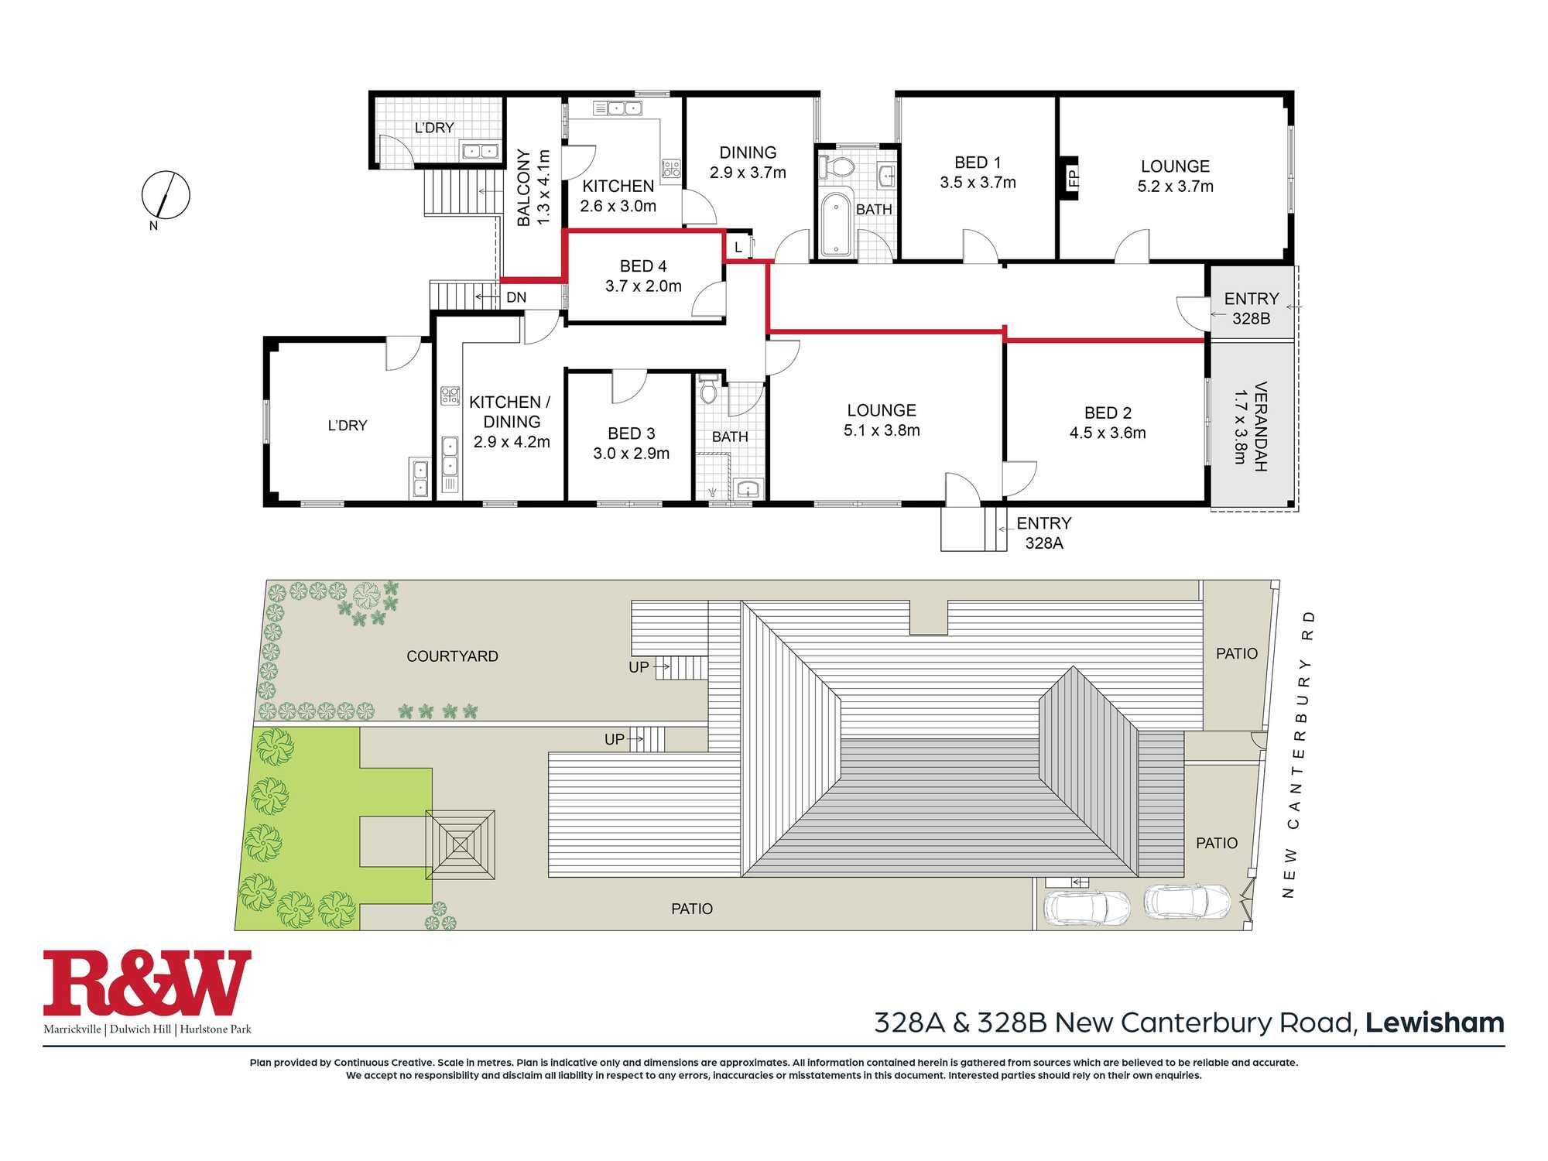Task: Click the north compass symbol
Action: [x=166, y=195]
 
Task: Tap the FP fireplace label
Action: [x=1073, y=179]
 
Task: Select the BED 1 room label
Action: [x=978, y=163]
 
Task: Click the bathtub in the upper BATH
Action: [x=836, y=224]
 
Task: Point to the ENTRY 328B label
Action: [x=1252, y=308]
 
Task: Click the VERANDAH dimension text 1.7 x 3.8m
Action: [x=1240, y=426]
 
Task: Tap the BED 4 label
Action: [x=643, y=266]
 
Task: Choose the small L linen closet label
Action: [x=738, y=248]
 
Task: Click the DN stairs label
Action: [x=516, y=297]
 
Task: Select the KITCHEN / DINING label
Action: [x=511, y=412]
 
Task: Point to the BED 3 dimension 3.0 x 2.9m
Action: [x=632, y=454]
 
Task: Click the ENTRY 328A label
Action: [x=1044, y=533]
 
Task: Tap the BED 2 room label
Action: [x=1108, y=413]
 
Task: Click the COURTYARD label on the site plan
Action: [x=453, y=656]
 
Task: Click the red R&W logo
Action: [x=147, y=983]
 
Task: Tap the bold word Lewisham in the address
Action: [x=1435, y=1022]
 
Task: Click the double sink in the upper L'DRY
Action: [x=480, y=151]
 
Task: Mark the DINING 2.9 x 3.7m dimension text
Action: [x=748, y=173]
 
